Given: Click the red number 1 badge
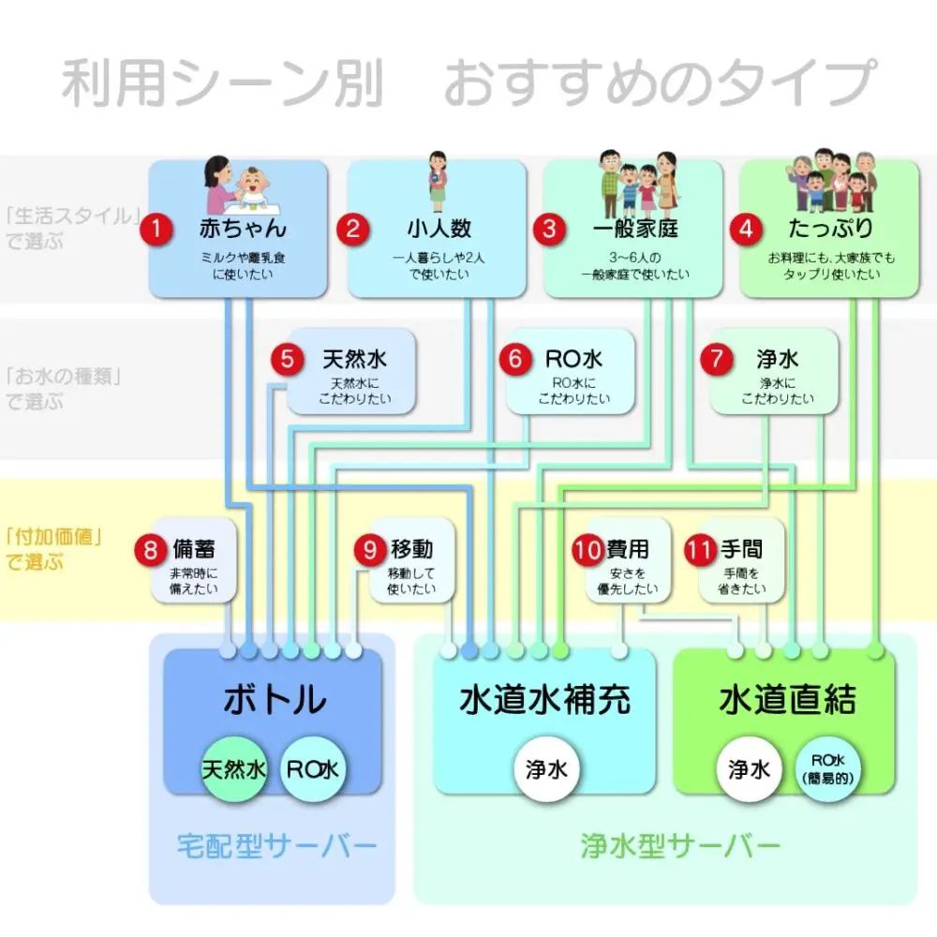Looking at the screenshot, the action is point(156,229).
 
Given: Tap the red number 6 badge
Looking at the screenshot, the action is point(515,359).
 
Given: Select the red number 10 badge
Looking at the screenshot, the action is point(588,549).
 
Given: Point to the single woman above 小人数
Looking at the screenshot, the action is point(438,181).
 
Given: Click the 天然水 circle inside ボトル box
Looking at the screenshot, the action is point(234,769).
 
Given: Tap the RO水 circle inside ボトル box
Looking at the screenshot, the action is point(313,769).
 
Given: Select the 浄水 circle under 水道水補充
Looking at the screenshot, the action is point(546,769).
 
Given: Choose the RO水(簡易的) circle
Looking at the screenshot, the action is point(827,769).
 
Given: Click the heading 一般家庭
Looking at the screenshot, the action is point(635,229).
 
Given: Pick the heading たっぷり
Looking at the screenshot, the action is point(831,228).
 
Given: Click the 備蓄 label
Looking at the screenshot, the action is point(194,548).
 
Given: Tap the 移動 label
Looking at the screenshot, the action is point(411,548).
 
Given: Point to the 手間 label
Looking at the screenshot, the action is point(741,548).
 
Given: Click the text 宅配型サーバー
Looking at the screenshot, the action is point(276,845).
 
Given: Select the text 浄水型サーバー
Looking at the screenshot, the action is point(680,845).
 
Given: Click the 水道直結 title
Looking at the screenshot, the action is point(788,699).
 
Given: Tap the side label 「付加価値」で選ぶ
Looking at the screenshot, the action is point(52,548).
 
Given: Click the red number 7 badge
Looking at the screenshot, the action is point(717,359).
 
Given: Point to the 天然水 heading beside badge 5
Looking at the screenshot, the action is point(355,359).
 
